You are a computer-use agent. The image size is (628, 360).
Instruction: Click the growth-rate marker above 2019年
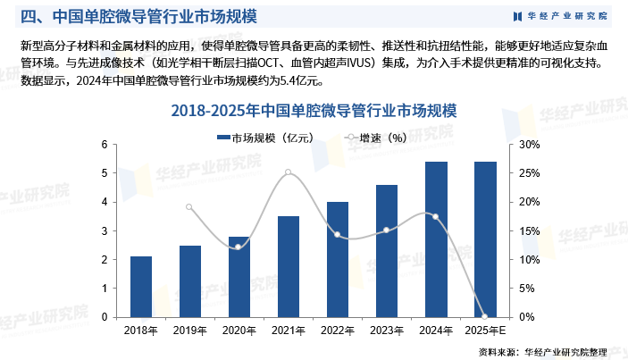point(189,207)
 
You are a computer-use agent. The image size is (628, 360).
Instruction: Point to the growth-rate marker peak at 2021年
point(288,172)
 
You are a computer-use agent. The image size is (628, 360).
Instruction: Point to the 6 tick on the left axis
point(105,145)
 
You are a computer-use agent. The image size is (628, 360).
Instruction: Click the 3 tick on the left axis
point(105,230)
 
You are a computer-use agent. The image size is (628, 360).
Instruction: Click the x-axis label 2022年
point(337,331)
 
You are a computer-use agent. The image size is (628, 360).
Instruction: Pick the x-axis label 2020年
point(239,331)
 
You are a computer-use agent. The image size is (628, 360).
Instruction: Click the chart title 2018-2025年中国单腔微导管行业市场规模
point(314,112)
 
